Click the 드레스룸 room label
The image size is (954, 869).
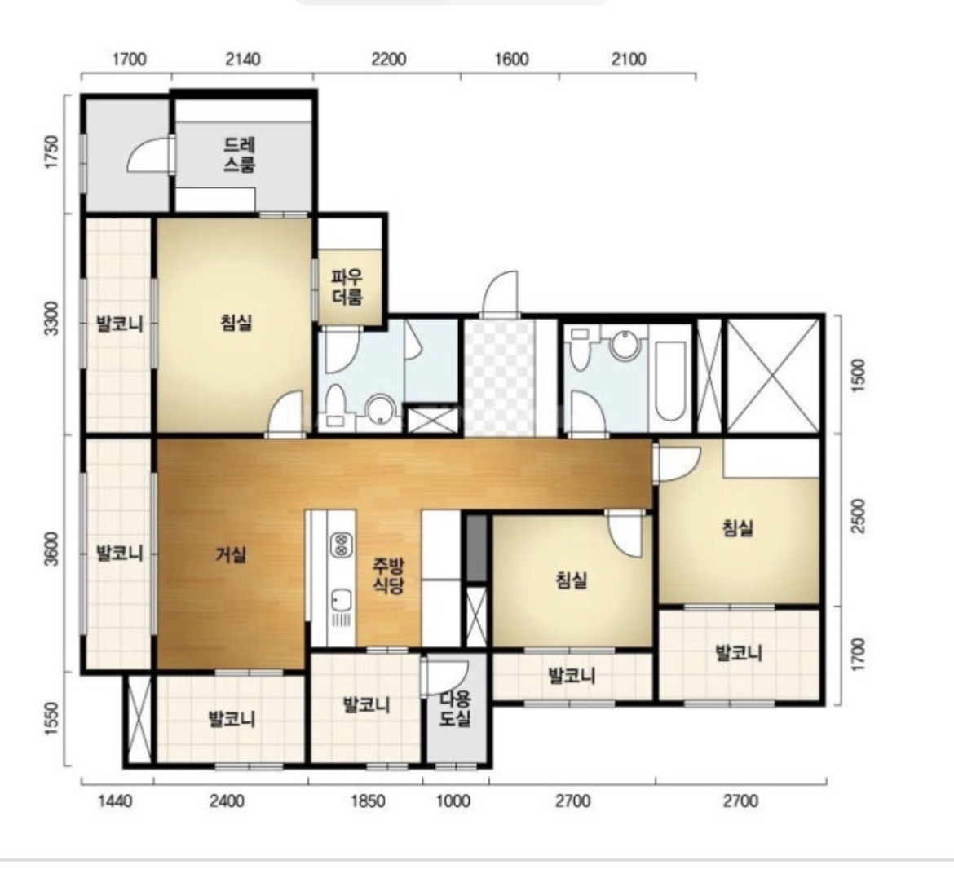239,154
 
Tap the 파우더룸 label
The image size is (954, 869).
347,287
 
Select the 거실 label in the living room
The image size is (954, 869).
231,554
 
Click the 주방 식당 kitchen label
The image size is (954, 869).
388,576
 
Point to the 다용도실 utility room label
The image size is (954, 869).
456,708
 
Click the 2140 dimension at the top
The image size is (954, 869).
243,59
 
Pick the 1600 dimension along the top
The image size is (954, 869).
511,59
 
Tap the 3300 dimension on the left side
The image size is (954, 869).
53,317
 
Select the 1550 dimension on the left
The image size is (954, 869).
53,719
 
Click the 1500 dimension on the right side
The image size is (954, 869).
857,375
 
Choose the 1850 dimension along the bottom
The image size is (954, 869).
368,801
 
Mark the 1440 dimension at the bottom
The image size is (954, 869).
115,801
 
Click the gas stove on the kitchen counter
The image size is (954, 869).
341,545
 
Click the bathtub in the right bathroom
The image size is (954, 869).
670,379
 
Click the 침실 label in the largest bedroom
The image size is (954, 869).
236,322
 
